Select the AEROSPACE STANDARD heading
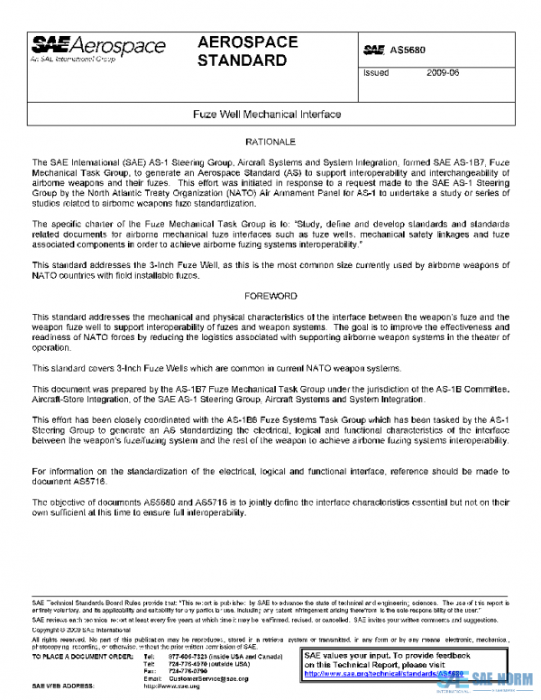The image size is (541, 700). pyautogui.click(x=243, y=51)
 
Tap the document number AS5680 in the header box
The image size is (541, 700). pyautogui.click(x=407, y=49)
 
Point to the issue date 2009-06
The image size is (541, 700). pyautogui.click(x=443, y=74)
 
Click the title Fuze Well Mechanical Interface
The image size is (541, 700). pyautogui.click(x=267, y=115)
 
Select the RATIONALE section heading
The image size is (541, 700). pyautogui.click(x=270, y=143)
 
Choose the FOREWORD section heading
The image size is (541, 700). pyautogui.click(x=270, y=296)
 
